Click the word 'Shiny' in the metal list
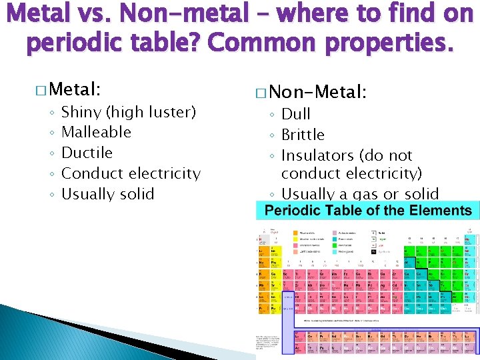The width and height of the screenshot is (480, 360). point(81,112)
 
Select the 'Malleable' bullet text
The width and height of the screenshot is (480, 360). point(96,132)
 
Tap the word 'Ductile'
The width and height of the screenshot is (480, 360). point(87,153)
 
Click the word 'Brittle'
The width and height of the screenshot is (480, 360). point(303,135)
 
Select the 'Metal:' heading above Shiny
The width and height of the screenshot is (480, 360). point(75,89)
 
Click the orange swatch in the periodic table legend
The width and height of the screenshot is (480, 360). point(296,233)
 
